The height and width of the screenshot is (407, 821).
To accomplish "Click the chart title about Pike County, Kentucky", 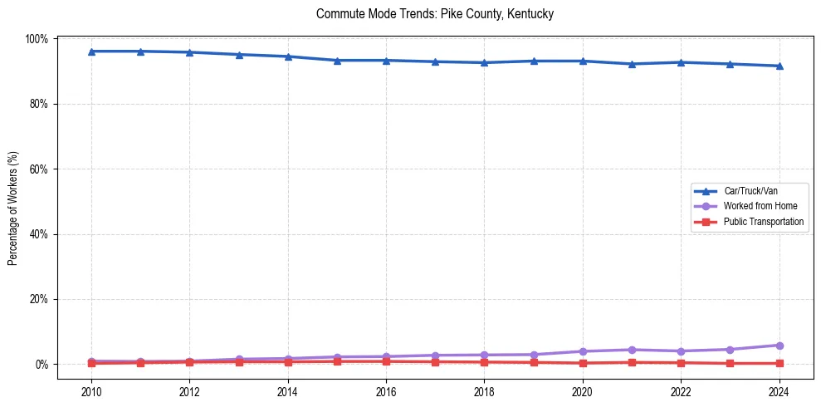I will point(435,14).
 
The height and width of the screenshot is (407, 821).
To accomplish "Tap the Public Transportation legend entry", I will point(763,222).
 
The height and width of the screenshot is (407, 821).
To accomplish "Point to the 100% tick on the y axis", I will point(37,39).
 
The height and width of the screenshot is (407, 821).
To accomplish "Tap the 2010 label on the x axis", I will point(91,391).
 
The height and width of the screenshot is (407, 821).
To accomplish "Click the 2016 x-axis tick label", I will point(386,391).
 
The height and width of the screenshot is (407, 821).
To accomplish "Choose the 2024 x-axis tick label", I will point(779,391).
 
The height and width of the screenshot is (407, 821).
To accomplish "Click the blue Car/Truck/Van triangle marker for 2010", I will point(91,51).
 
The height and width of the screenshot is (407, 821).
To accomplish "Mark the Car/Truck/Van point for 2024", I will point(779,66).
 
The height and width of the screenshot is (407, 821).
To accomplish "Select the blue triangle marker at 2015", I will point(337,61).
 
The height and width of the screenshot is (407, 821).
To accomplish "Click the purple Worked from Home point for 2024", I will point(779,346).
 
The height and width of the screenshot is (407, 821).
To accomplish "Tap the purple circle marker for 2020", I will point(583,351).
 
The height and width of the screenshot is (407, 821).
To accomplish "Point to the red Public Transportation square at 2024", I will point(779,363).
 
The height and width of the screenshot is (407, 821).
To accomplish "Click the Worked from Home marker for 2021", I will point(632,350).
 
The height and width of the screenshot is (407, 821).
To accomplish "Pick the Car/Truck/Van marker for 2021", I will point(632,64).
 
